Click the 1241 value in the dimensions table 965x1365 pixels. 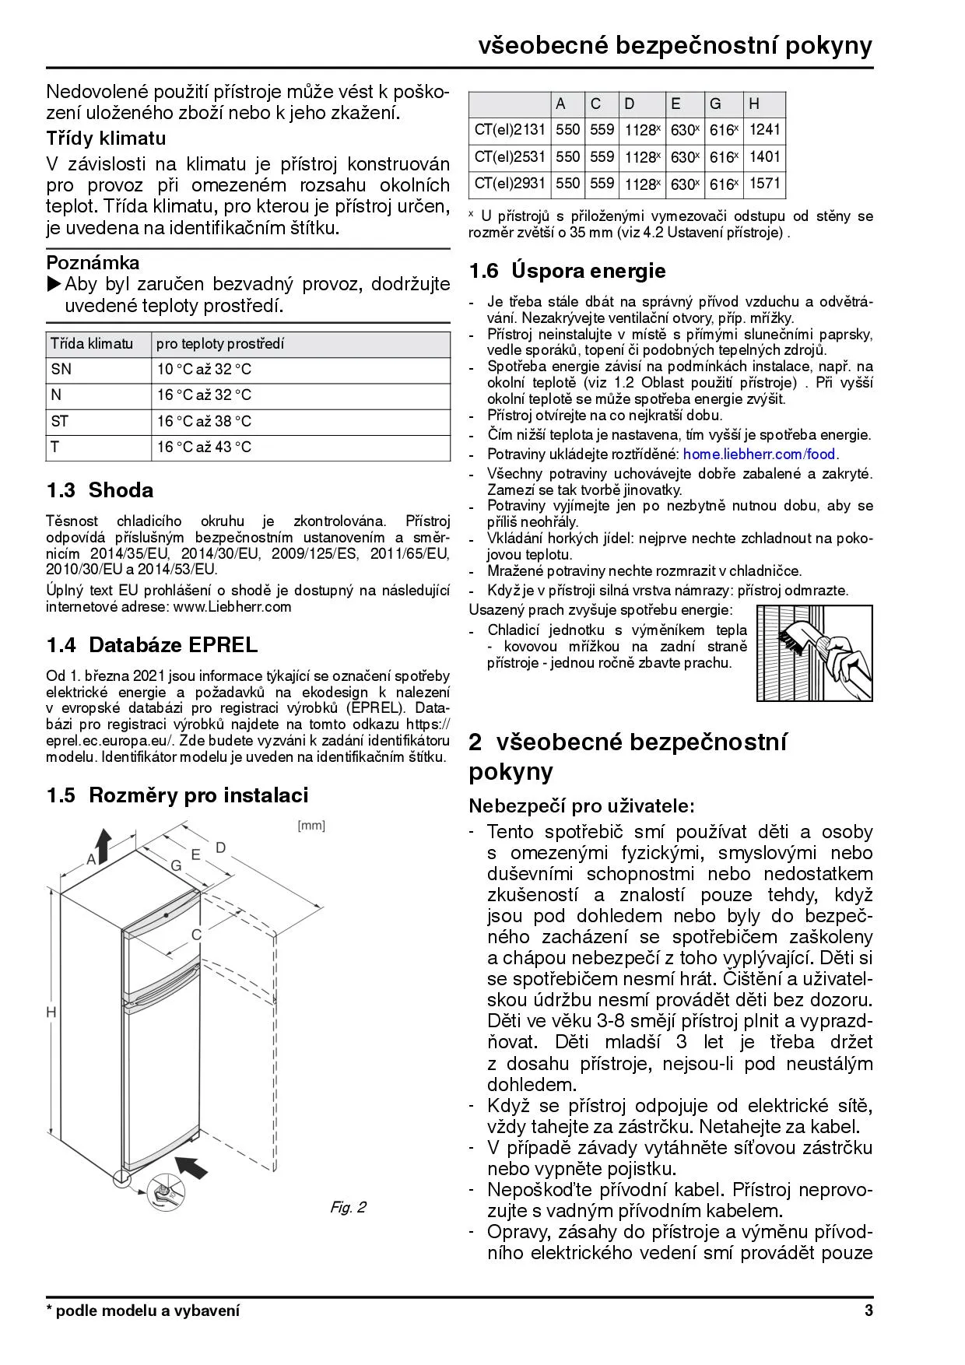(763, 130)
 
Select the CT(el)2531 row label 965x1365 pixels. (510, 156)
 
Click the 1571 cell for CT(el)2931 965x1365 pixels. (763, 183)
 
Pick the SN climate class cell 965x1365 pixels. (61, 370)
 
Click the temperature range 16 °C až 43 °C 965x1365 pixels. (204, 447)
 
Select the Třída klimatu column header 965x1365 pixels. (91, 344)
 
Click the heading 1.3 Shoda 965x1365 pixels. (100, 490)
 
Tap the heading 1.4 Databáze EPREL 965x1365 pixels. (152, 645)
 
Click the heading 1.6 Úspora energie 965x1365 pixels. (567, 271)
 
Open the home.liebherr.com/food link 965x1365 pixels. (759, 454)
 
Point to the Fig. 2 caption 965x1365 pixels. (348, 1207)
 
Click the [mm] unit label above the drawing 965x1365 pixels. (311, 826)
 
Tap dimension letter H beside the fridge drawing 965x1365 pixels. (51, 1012)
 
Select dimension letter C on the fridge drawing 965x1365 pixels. (197, 935)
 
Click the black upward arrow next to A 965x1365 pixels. (102, 843)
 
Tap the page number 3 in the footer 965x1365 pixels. (868, 1311)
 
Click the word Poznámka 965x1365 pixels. (93, 262)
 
